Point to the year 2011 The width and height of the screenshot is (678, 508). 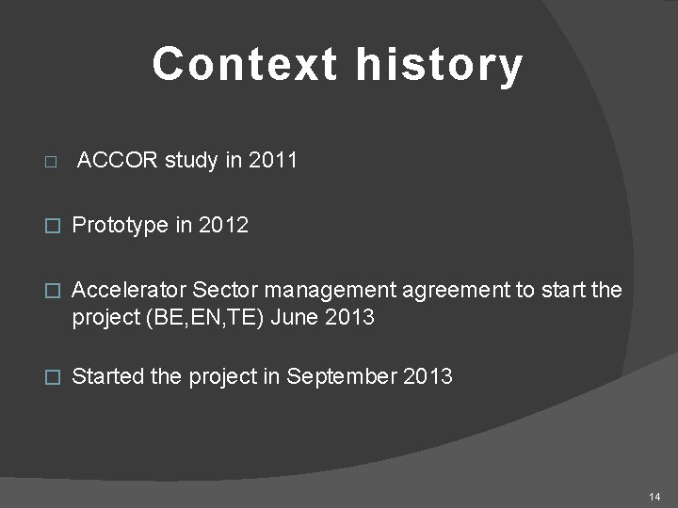pyautogui.click(x=272, y=161)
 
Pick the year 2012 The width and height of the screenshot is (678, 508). pyautogui.click(x=223, y=226)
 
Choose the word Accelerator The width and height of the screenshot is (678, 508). pyautogui.click(x=129, y=290)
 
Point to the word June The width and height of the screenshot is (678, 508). pyautogui.click(x=296, y=318)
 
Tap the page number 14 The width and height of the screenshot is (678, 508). pyautogui.click(x=655, y=496)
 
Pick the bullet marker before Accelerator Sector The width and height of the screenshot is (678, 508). pyautogui.click(x=53, y=291)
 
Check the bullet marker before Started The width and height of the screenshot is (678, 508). pyautogui.click(x=53, y=377)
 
